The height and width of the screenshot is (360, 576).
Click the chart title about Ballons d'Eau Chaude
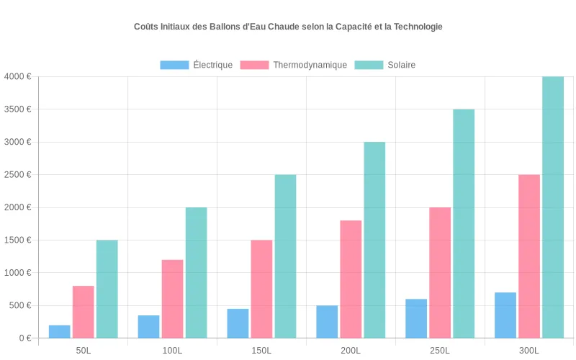click(288, 27)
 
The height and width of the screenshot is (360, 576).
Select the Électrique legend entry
click(196, 65)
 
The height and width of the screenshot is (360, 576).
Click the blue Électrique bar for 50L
click(60, 332)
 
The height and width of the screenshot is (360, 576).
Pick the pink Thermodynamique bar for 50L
click(84, 312)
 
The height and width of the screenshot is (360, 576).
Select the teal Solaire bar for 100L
click(196, 273)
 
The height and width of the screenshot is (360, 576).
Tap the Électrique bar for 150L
click(238, 323)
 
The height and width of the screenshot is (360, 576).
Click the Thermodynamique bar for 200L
click(351, 279)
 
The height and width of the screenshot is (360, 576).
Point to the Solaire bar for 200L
click(374, 240)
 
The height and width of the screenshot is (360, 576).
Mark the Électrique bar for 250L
click(416, 318)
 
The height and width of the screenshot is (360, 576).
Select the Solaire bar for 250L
click(464, 224)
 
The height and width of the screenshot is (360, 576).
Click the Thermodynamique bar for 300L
click(529, 256)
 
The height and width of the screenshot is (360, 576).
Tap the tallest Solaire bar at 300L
click(553, 207)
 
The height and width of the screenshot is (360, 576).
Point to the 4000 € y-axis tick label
click(17, 76)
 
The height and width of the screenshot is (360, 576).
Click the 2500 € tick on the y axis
click(17, 175)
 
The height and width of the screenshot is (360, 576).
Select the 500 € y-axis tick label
click(19, 305)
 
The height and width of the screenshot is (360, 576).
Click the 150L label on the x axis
click(261, 351)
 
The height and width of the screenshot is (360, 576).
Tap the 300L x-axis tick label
click(529, 351)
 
